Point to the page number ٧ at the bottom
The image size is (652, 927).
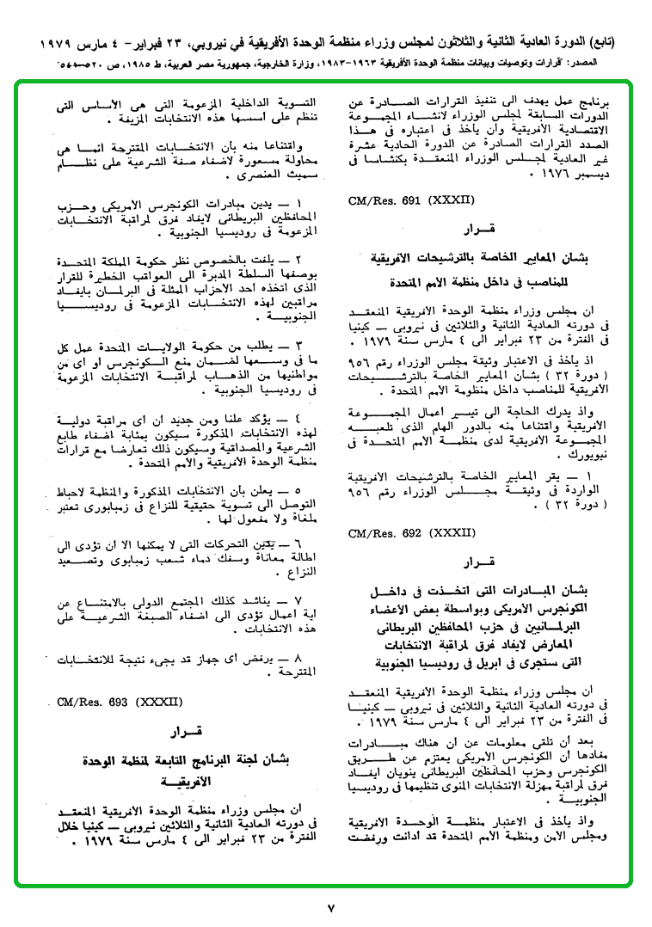tap(330, 908)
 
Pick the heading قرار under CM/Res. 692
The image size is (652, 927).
tap(476, 565)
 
